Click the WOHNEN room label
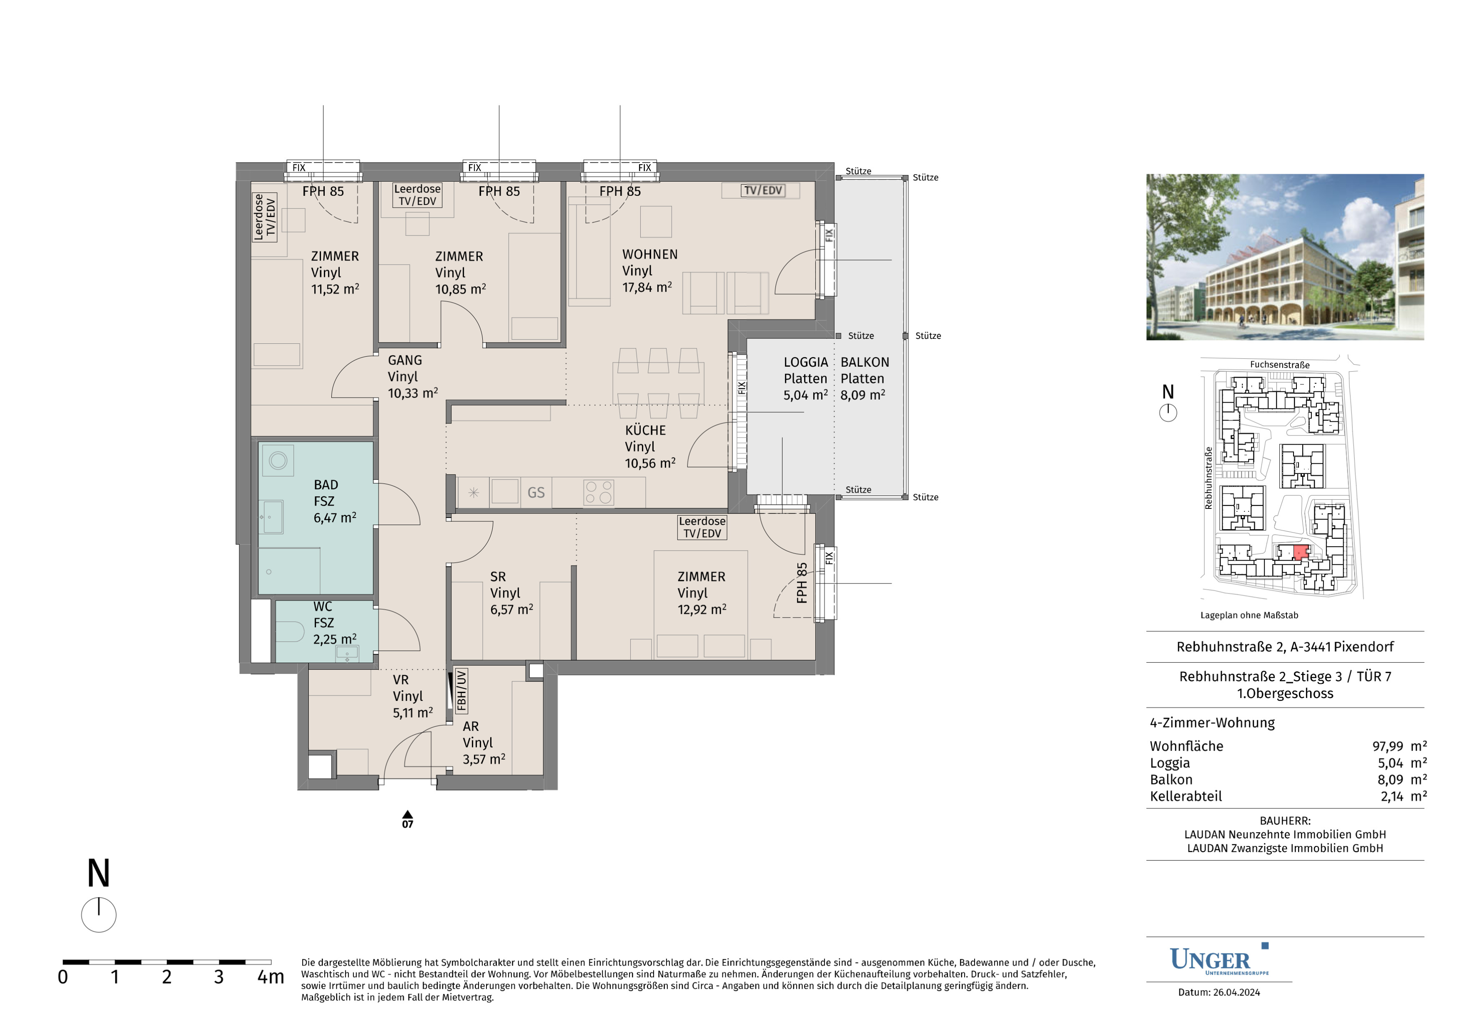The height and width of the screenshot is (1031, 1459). pos(649,254)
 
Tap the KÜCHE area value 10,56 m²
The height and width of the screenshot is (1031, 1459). pos(649,463)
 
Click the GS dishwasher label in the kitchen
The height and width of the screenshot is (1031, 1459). pos(536,492)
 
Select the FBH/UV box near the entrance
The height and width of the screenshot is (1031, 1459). pos(461,689)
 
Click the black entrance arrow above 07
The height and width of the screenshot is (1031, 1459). pos(407,814)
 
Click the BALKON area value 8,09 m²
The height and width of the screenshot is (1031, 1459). pos(862,395)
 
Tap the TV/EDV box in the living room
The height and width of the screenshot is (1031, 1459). pos(762,190)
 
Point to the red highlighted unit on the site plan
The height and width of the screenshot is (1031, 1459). pos(1300,552)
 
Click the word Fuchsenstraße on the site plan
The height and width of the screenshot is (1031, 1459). pos(1279,365)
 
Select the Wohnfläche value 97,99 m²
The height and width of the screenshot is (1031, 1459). pos(1399,746)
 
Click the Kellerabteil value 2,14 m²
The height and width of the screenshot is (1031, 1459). pos(1403,796)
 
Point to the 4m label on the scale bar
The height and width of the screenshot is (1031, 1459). pos(271,977)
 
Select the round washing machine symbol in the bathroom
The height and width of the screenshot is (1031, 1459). pos(278,460)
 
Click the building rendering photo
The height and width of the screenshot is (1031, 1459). pos(1285,257)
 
